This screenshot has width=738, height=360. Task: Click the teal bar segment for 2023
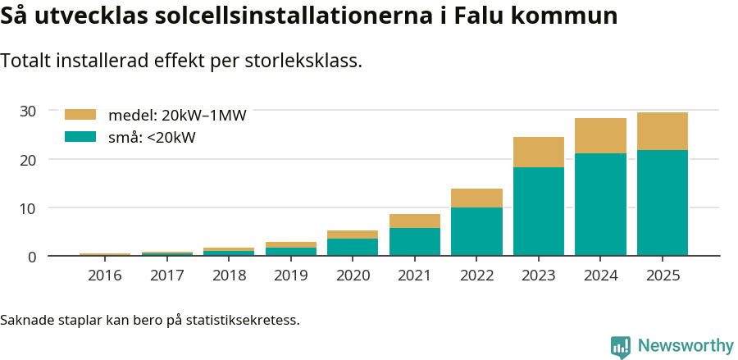click(x=539, y=212)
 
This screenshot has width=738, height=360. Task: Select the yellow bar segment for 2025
click(x=663, y=131)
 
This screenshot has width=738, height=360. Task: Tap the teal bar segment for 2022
click(x=476, y=231)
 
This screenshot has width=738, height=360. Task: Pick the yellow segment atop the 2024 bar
click(x=600, y=135)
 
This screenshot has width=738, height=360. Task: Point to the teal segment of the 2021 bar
click(x=415, y=242)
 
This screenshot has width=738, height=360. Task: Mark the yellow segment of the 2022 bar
click(x=476, y=198)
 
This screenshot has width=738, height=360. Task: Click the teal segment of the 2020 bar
click(x=353, y=247)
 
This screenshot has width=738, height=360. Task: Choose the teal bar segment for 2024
click(x=600, y=204)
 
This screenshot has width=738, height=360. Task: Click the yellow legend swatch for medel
click(x=80, y=115)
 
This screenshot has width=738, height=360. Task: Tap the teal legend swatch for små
click(x=80, y=137)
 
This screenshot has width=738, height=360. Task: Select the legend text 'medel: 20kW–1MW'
click(x=177, y=116)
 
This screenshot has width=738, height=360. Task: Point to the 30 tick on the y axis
click(x=28, y=111)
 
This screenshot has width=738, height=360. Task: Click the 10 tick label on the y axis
click(x=28, y=208)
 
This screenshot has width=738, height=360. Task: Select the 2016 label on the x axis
click(x=105, y=276)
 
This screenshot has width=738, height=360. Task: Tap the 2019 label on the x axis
click(x=291, y=276)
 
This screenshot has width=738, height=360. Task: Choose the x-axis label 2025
click(x=663, y=276)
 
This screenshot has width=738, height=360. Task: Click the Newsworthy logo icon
click(x=621, y=347)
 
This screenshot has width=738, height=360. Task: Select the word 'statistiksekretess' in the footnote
click(x=241, y=319)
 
